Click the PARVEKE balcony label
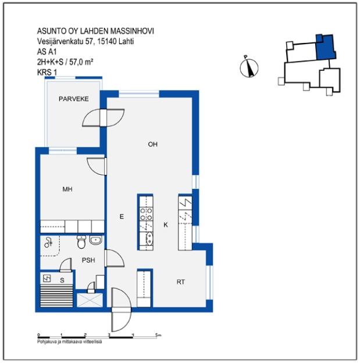coord(73,99)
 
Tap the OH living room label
coord(152,145)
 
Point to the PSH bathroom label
coord(88,260)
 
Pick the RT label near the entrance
coord(181,282)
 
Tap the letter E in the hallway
coord(122,216)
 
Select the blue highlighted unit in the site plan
coord(325,48)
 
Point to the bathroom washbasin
coord(96,240)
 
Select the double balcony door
coord(104,118)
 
